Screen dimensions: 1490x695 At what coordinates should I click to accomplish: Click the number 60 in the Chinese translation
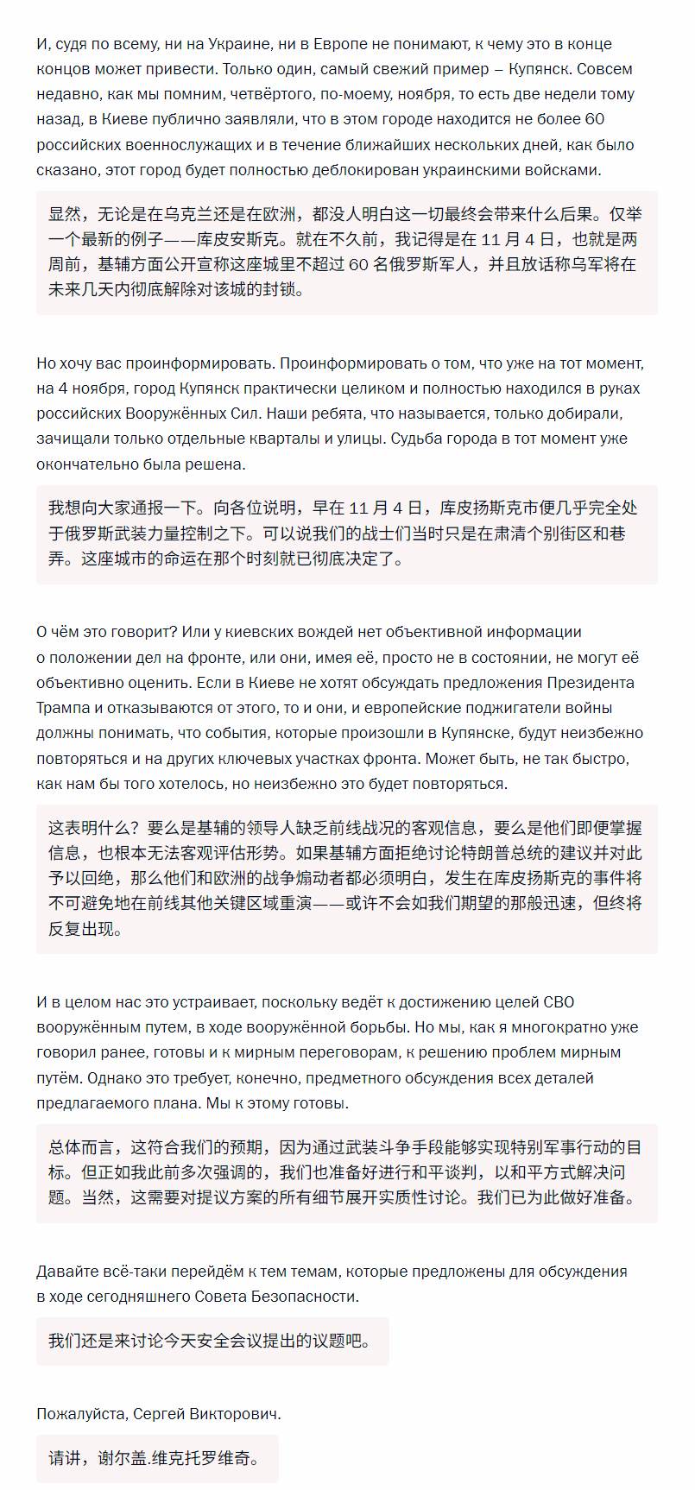[358, 264]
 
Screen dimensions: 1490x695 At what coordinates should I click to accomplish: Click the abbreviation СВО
[559, 1002]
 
